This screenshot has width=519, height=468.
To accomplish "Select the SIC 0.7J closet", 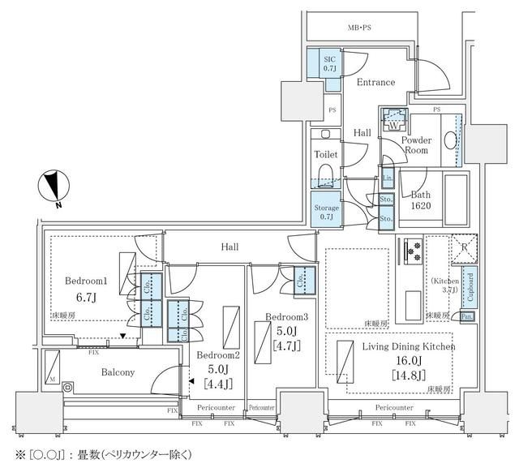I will pos(329,64).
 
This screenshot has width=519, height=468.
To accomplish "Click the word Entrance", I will pos(375,82).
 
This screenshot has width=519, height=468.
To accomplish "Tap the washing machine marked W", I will pos(393,121).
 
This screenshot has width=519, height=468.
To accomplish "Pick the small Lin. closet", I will pos(388,178).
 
